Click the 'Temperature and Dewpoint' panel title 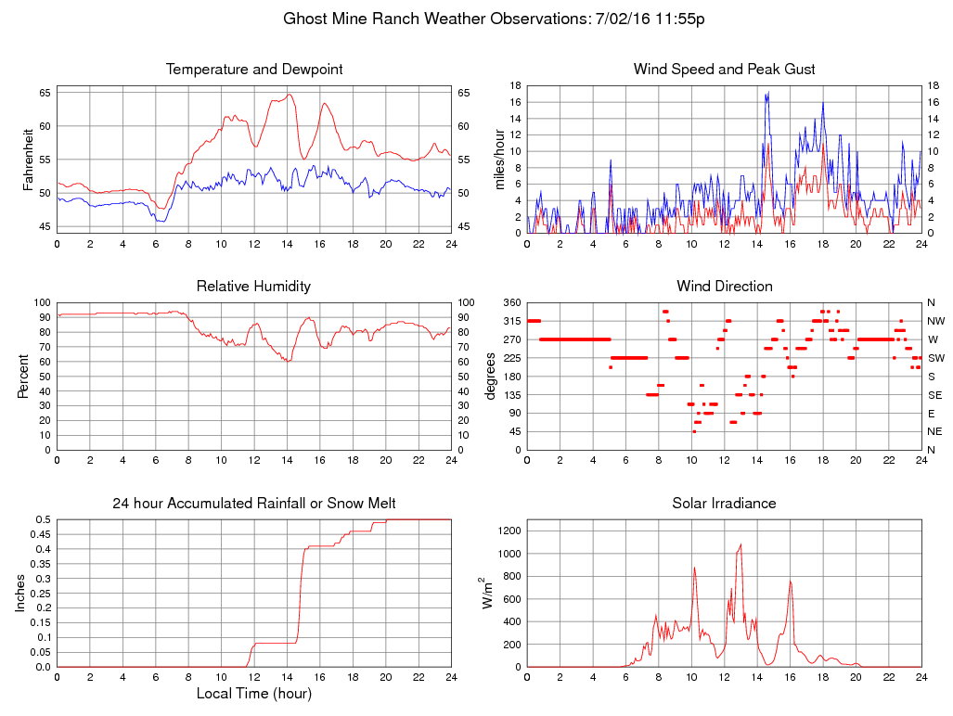click(253, 70)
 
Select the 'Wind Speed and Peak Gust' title click(724, 70)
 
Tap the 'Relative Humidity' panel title click(253, 286)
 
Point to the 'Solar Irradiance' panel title click(724, 503)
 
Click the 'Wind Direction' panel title click(724, 286)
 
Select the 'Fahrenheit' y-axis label click(28, 160)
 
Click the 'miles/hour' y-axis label click(499, 160)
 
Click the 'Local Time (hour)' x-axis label click(253, 693)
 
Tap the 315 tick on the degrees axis click(511, 321)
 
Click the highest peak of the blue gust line click(767, 93)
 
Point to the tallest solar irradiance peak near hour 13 click(741, 545)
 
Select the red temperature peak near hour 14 click(290, 95)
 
